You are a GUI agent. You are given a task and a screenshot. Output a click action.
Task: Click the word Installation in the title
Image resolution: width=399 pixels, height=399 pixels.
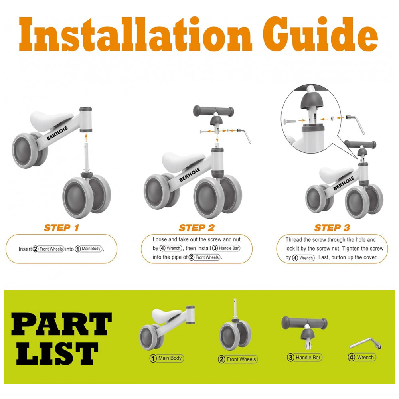(x=135, y=34)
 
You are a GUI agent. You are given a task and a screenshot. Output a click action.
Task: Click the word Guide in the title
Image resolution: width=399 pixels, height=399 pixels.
(x=321, y=34)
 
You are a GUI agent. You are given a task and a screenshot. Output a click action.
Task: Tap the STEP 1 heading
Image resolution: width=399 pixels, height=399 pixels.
(x=61, y=228)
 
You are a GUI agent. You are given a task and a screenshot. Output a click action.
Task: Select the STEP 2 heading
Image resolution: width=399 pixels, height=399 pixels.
(x=197, y=228)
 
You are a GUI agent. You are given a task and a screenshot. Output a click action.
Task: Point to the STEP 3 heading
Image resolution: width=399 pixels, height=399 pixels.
(x=332, y=228)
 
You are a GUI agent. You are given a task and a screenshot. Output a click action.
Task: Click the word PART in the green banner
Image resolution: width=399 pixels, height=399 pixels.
(x=61, y=324)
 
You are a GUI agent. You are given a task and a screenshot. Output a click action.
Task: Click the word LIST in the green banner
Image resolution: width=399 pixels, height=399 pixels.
(x=57, y=354)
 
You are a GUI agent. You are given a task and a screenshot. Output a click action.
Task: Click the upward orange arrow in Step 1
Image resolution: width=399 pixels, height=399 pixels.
(x=86, y=138)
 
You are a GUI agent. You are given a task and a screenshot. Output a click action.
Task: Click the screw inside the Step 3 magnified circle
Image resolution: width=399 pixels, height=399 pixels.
(x=290, y=121)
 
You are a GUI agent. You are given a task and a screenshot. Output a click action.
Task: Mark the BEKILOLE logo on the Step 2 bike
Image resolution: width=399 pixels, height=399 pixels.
(x=190, y=175)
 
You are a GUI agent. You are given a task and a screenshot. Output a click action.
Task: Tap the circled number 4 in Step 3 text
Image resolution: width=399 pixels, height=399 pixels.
(x=295, y=258)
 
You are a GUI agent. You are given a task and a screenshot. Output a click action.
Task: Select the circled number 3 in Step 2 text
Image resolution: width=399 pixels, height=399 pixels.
(x=215, y=248)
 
